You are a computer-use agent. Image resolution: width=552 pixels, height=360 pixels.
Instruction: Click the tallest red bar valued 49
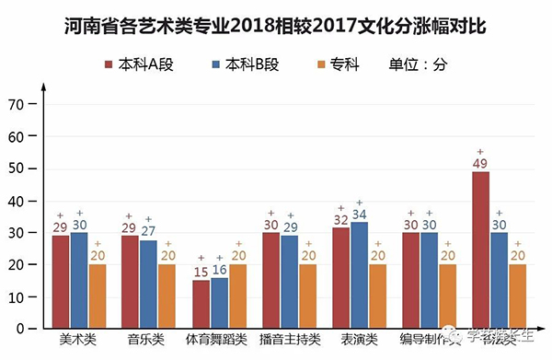(x=480, y=250)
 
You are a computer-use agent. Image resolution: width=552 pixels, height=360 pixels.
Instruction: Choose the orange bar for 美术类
(x=98, y=296)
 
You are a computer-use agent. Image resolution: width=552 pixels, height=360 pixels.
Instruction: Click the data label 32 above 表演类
(x=340, y=220)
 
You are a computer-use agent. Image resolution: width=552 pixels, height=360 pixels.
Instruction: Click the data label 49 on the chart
(x=479, y=164)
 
